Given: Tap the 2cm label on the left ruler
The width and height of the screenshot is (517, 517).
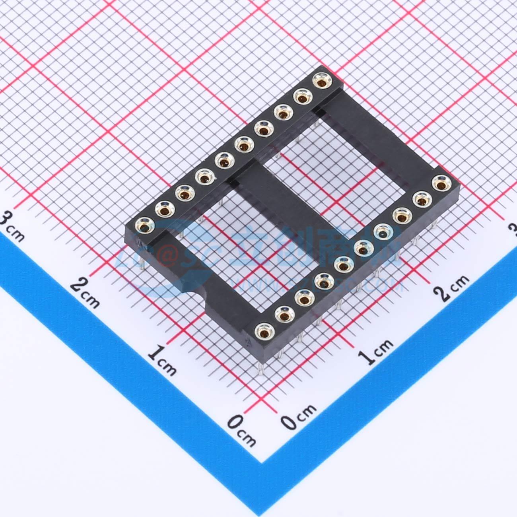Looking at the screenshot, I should coord(85,293).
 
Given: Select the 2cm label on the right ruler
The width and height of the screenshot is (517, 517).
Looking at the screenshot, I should coord(451,287).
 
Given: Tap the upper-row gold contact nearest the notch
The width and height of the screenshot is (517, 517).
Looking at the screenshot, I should coord(144,226).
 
